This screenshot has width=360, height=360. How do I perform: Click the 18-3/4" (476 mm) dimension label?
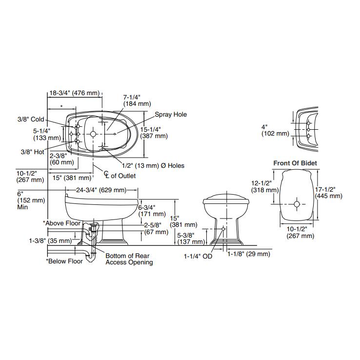74,93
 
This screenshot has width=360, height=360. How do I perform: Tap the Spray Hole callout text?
171,115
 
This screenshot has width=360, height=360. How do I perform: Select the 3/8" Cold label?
31,120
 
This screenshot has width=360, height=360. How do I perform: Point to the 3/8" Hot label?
33,151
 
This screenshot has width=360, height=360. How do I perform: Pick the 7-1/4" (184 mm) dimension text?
137,100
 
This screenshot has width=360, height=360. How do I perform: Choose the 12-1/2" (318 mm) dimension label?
265,186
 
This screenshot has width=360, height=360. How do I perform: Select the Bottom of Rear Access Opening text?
129,259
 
